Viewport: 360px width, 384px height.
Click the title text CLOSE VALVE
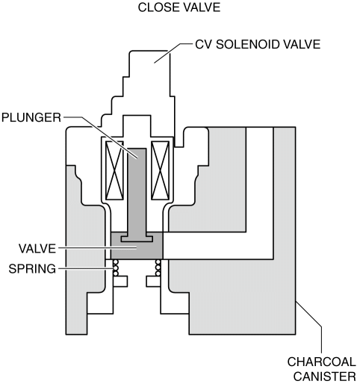click(179, 7)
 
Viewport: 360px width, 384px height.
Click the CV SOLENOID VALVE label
click(258, 45)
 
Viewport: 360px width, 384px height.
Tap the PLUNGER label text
click(31, 117)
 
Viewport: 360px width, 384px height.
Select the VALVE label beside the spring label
click(37, 249)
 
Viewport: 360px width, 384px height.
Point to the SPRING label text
click(32, 269)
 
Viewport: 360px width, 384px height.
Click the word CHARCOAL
click(322, 362)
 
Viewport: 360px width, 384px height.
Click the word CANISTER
click(325, 377)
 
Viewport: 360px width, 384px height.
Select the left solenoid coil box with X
click(114, 170)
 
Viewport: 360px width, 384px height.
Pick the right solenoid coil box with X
click(161, 170)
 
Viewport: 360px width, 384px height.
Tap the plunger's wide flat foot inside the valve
click(137, 238)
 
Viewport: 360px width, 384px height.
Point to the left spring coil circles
click(116, 268)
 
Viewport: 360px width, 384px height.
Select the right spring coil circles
click(158, 268)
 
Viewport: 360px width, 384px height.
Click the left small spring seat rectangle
click(120, 281)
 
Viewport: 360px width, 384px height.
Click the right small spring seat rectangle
click(153, 281)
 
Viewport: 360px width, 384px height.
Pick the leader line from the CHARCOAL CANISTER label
click(308, 326)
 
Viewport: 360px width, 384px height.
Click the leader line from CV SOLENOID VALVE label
click(173, 53)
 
